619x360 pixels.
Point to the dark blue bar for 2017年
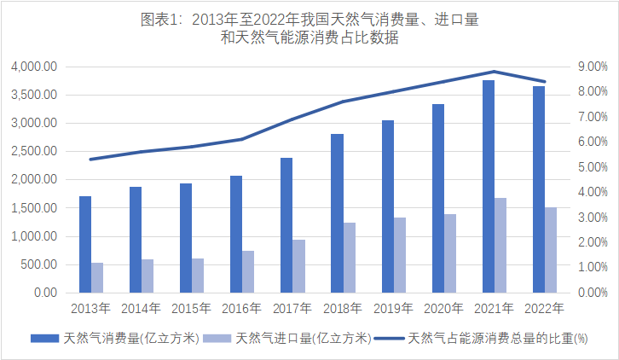tap(286, 225)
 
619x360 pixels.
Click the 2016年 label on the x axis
tap(242, 308)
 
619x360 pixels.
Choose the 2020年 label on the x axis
tap(443, 308)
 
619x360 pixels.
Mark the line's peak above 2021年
tap(495, 72)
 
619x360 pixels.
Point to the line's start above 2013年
tap(91, 159)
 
